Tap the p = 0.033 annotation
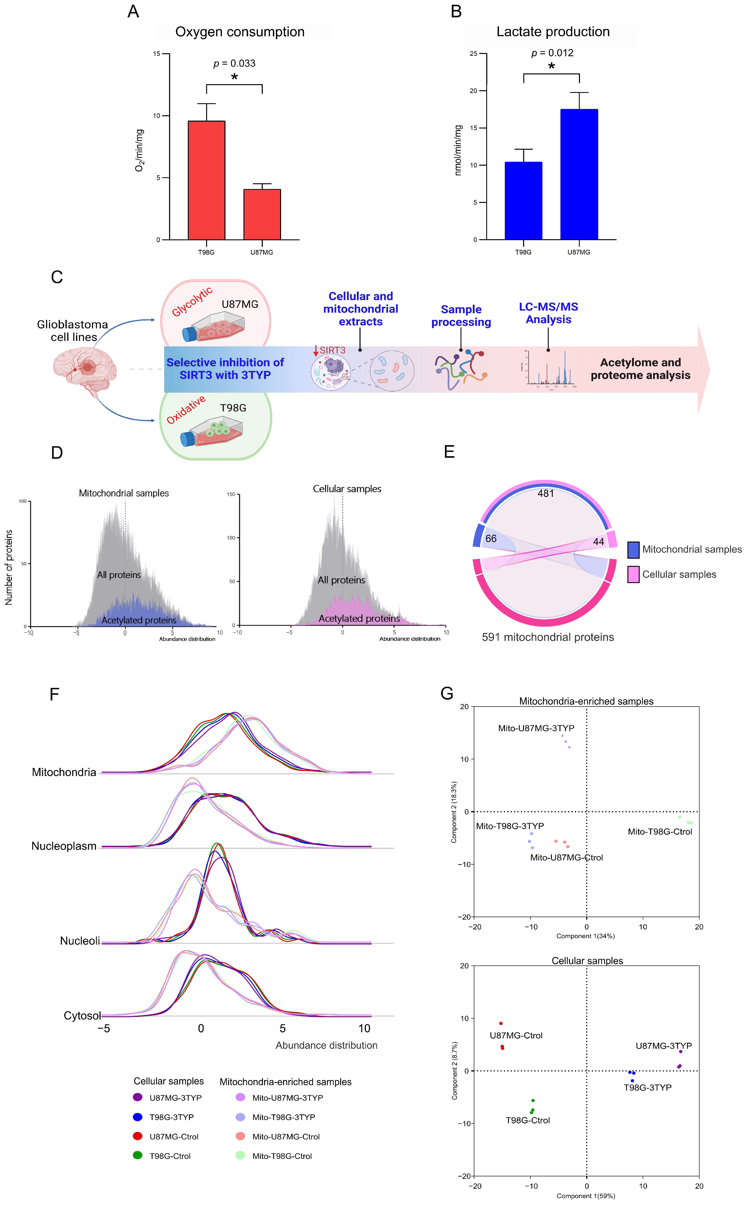coord(234,63)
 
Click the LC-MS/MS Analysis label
coord(548,313)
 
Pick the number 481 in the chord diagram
coord(546,493)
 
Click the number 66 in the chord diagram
coord(491,538)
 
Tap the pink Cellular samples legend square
coord(633,574)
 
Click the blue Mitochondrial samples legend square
coord(633,550)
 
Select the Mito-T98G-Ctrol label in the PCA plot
coord(659,831)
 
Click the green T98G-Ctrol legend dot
coord(137,1155)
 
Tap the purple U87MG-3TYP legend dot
coord(137,1097)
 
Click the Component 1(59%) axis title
coord(586,1196)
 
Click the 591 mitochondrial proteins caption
coord(548,637)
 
